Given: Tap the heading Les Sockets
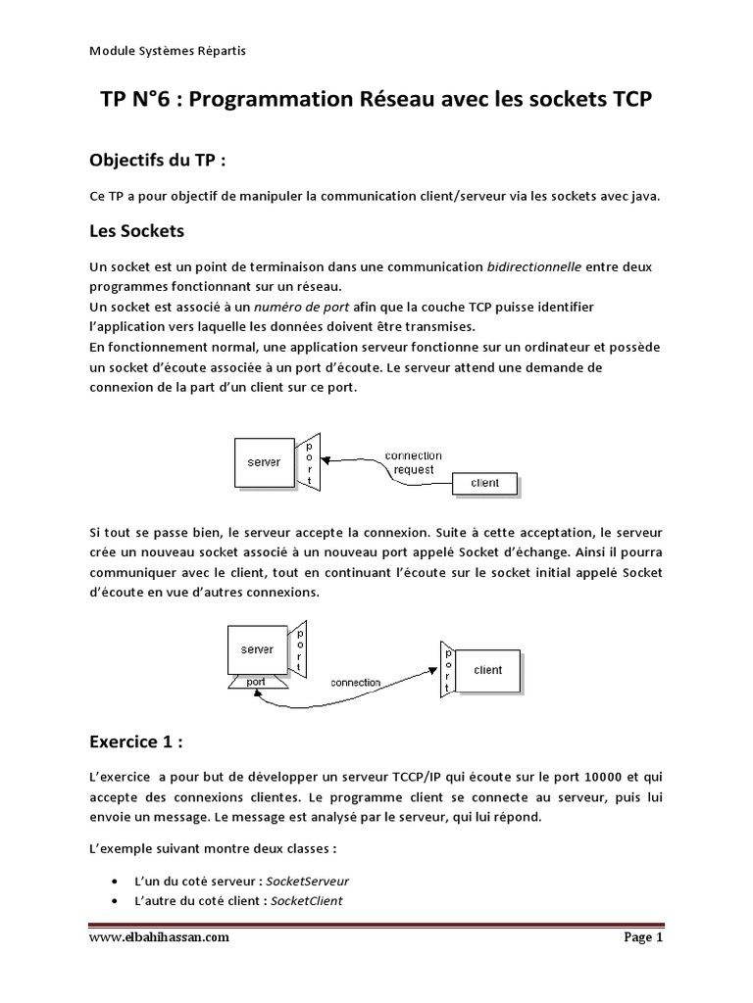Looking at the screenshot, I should tap(136, 233).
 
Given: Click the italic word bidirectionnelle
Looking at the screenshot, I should tap(534, 266).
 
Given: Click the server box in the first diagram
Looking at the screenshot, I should tap(264, 461).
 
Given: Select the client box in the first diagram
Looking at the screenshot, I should tap(485, 483).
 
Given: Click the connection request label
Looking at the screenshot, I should tap(413, 462).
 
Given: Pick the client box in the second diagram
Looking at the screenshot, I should tap(487, 670).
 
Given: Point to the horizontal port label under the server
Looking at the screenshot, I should tap(256, 682).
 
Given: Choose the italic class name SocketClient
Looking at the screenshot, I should tap(306, 901).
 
